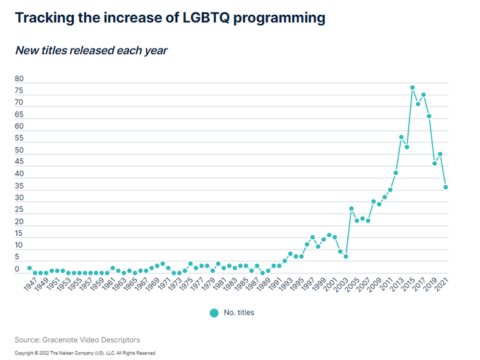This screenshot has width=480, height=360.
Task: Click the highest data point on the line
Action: click(412, 88)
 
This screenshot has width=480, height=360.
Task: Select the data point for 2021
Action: click(445, 187)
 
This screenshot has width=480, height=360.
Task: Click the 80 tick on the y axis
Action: click(19, 79)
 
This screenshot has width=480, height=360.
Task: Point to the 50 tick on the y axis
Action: click(19, 150)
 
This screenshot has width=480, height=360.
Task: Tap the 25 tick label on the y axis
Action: click(19, 210)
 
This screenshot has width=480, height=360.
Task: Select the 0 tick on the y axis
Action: click(17, 269)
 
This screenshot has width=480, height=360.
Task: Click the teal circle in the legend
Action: click(215, 312)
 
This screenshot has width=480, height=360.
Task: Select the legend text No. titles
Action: click(239, 312)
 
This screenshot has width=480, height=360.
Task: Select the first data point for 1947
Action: click(30, 268)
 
